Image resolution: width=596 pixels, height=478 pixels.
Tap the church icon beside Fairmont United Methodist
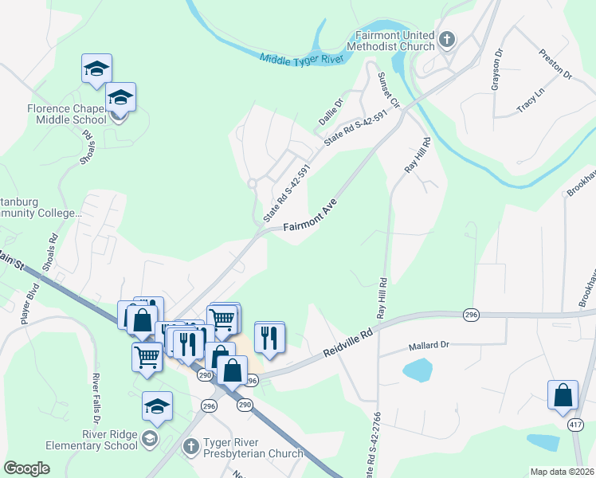point(447,38)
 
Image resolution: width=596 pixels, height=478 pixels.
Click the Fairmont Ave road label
point(310,217)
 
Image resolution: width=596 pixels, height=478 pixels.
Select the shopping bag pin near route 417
point(563,394)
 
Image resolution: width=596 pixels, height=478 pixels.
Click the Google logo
point(26,468)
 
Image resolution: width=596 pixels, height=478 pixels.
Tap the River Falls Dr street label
point(96,398)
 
